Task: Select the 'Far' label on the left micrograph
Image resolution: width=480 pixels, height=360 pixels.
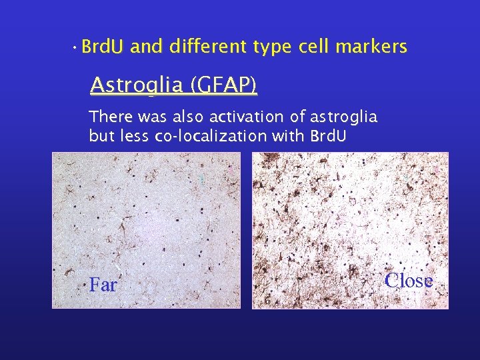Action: tap(103, 285)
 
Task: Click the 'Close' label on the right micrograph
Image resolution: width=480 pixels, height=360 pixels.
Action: tap(409, 281)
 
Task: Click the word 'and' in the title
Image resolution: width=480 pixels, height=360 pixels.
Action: tap(147, 47)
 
